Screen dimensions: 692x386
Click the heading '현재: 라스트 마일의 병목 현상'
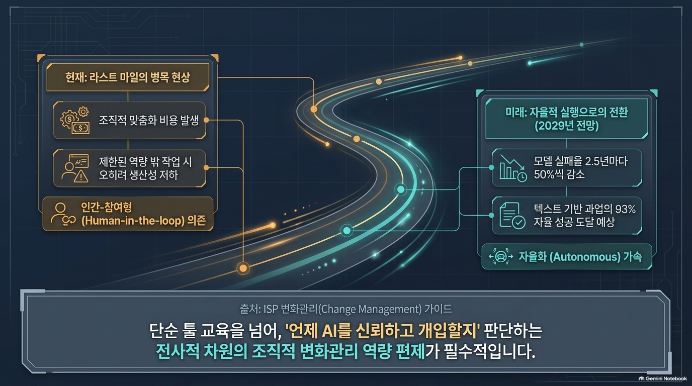click(x=128, y=77)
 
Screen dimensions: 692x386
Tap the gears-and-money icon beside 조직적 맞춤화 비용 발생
click(x=75, y=120)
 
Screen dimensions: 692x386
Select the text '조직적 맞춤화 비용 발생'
click(x=148, y=120)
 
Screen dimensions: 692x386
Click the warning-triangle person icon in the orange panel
click(x=75, y=168)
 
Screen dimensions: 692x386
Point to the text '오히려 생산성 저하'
click(x=138, y=175)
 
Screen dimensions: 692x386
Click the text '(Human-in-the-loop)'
click(x=133, y=221)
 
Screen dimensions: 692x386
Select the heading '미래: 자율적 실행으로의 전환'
click(x=567, y=112)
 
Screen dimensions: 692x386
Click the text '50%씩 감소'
click(x=559, y=174)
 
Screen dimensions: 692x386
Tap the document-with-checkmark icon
click(x=512, y=215)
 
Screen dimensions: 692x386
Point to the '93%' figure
click(x=625, y=210)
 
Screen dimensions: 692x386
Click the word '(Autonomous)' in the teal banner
click(x=585, y=257)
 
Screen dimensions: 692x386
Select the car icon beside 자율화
click(x=501, y=256)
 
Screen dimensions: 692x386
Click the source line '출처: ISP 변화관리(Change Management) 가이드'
click(x=345, y=309)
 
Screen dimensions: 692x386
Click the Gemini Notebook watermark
click(x=663, y=378)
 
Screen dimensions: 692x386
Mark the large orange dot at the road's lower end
click(x=243, y=268)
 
